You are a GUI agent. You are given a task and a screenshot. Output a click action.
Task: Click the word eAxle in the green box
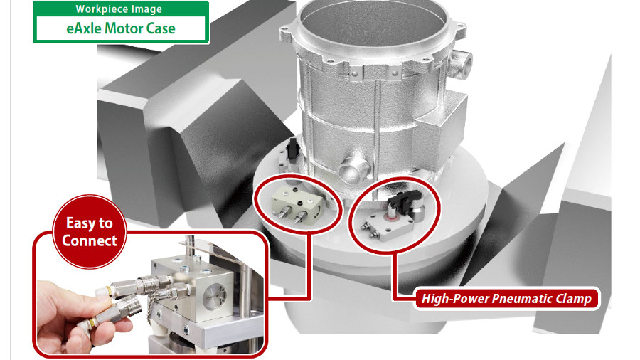(x=84, y=28)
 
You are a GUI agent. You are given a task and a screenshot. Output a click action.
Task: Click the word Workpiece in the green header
(x=95, y=9)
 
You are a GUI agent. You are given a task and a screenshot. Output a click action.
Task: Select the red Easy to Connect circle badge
(x=90, y=231)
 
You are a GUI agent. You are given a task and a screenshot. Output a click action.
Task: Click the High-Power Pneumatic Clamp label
(x=506, y=298)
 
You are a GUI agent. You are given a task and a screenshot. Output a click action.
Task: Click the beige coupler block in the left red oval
(x=297, y=203)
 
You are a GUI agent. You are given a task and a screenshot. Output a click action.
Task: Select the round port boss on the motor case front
(x=353, y=168)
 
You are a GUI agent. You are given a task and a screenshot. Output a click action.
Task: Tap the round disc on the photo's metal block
(x=215, y=295)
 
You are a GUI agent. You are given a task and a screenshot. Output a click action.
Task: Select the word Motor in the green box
(x=122, y=28)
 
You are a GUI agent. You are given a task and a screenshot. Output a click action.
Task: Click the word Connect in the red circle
(x=90, y=240)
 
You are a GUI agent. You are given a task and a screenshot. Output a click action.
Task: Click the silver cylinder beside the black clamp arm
(x=416, y=213)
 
